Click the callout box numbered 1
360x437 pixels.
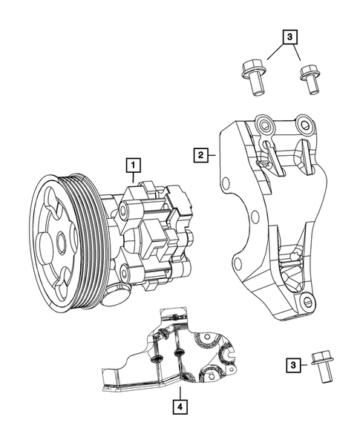pos(133,164)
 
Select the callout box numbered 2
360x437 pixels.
pos(200,155)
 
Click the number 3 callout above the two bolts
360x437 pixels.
pos(289,36)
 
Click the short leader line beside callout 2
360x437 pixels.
pos(211,155)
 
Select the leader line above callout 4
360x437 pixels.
pos(180,390)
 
